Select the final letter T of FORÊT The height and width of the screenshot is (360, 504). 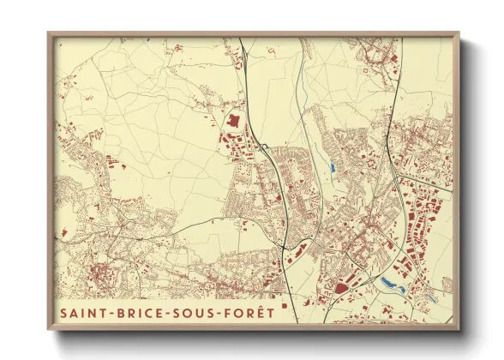(271, 313)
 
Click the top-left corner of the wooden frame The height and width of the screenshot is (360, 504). (49, 33)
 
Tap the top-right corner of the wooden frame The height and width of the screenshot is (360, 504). (459, 33)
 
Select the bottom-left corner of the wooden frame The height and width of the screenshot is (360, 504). (49, 330)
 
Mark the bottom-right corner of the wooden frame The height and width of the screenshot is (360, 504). (459, 330)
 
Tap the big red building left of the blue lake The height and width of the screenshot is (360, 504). (342, 288)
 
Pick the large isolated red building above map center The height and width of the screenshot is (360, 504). (231, 122)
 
